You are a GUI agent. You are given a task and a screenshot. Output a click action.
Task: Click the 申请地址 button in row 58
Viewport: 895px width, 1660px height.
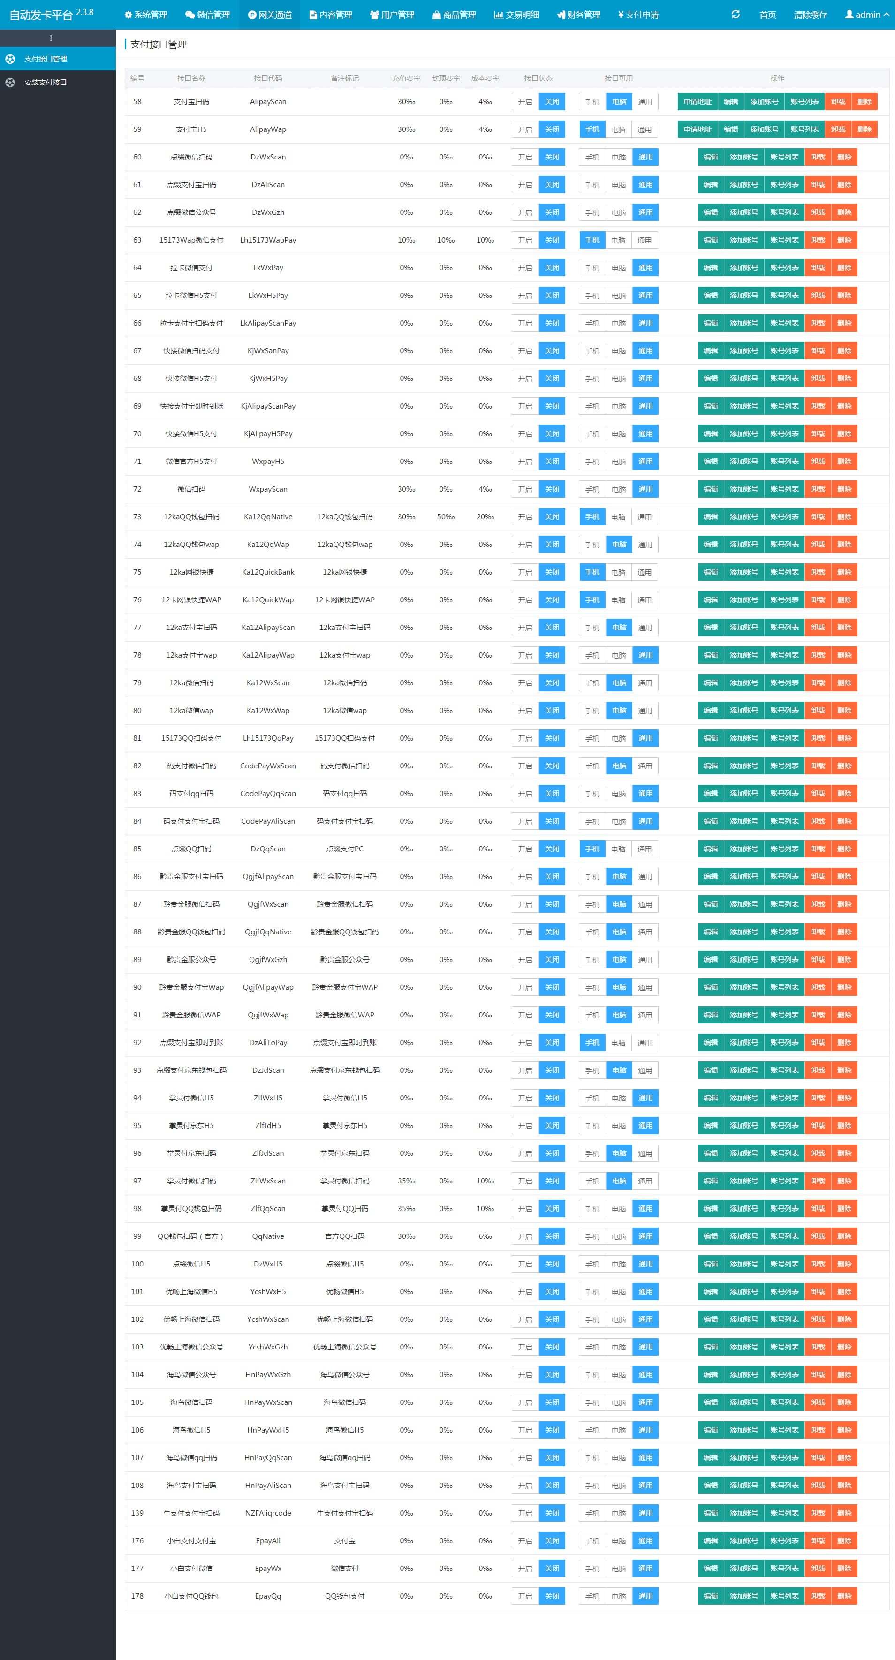pos(697,102)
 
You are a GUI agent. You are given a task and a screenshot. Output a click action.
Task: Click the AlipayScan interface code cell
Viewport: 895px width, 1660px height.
pos(268,102)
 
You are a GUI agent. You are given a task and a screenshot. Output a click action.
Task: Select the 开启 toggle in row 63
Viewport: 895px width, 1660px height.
pos(525,240)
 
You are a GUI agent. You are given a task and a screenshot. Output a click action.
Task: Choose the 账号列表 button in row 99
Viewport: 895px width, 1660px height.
pos(784,1236)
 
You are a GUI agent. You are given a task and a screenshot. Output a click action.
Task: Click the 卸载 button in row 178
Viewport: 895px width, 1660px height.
pos(818,1596)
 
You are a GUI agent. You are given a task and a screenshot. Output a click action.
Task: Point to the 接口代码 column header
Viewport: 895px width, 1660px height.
pos(268,78)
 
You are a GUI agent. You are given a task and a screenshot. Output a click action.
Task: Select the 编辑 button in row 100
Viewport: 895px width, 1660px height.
pos(711,1264)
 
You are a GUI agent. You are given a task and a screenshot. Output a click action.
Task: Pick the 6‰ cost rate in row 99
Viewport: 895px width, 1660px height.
pos(485,1236)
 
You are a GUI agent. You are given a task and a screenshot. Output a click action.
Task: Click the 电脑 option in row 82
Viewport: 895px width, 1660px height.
pos(619,766)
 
